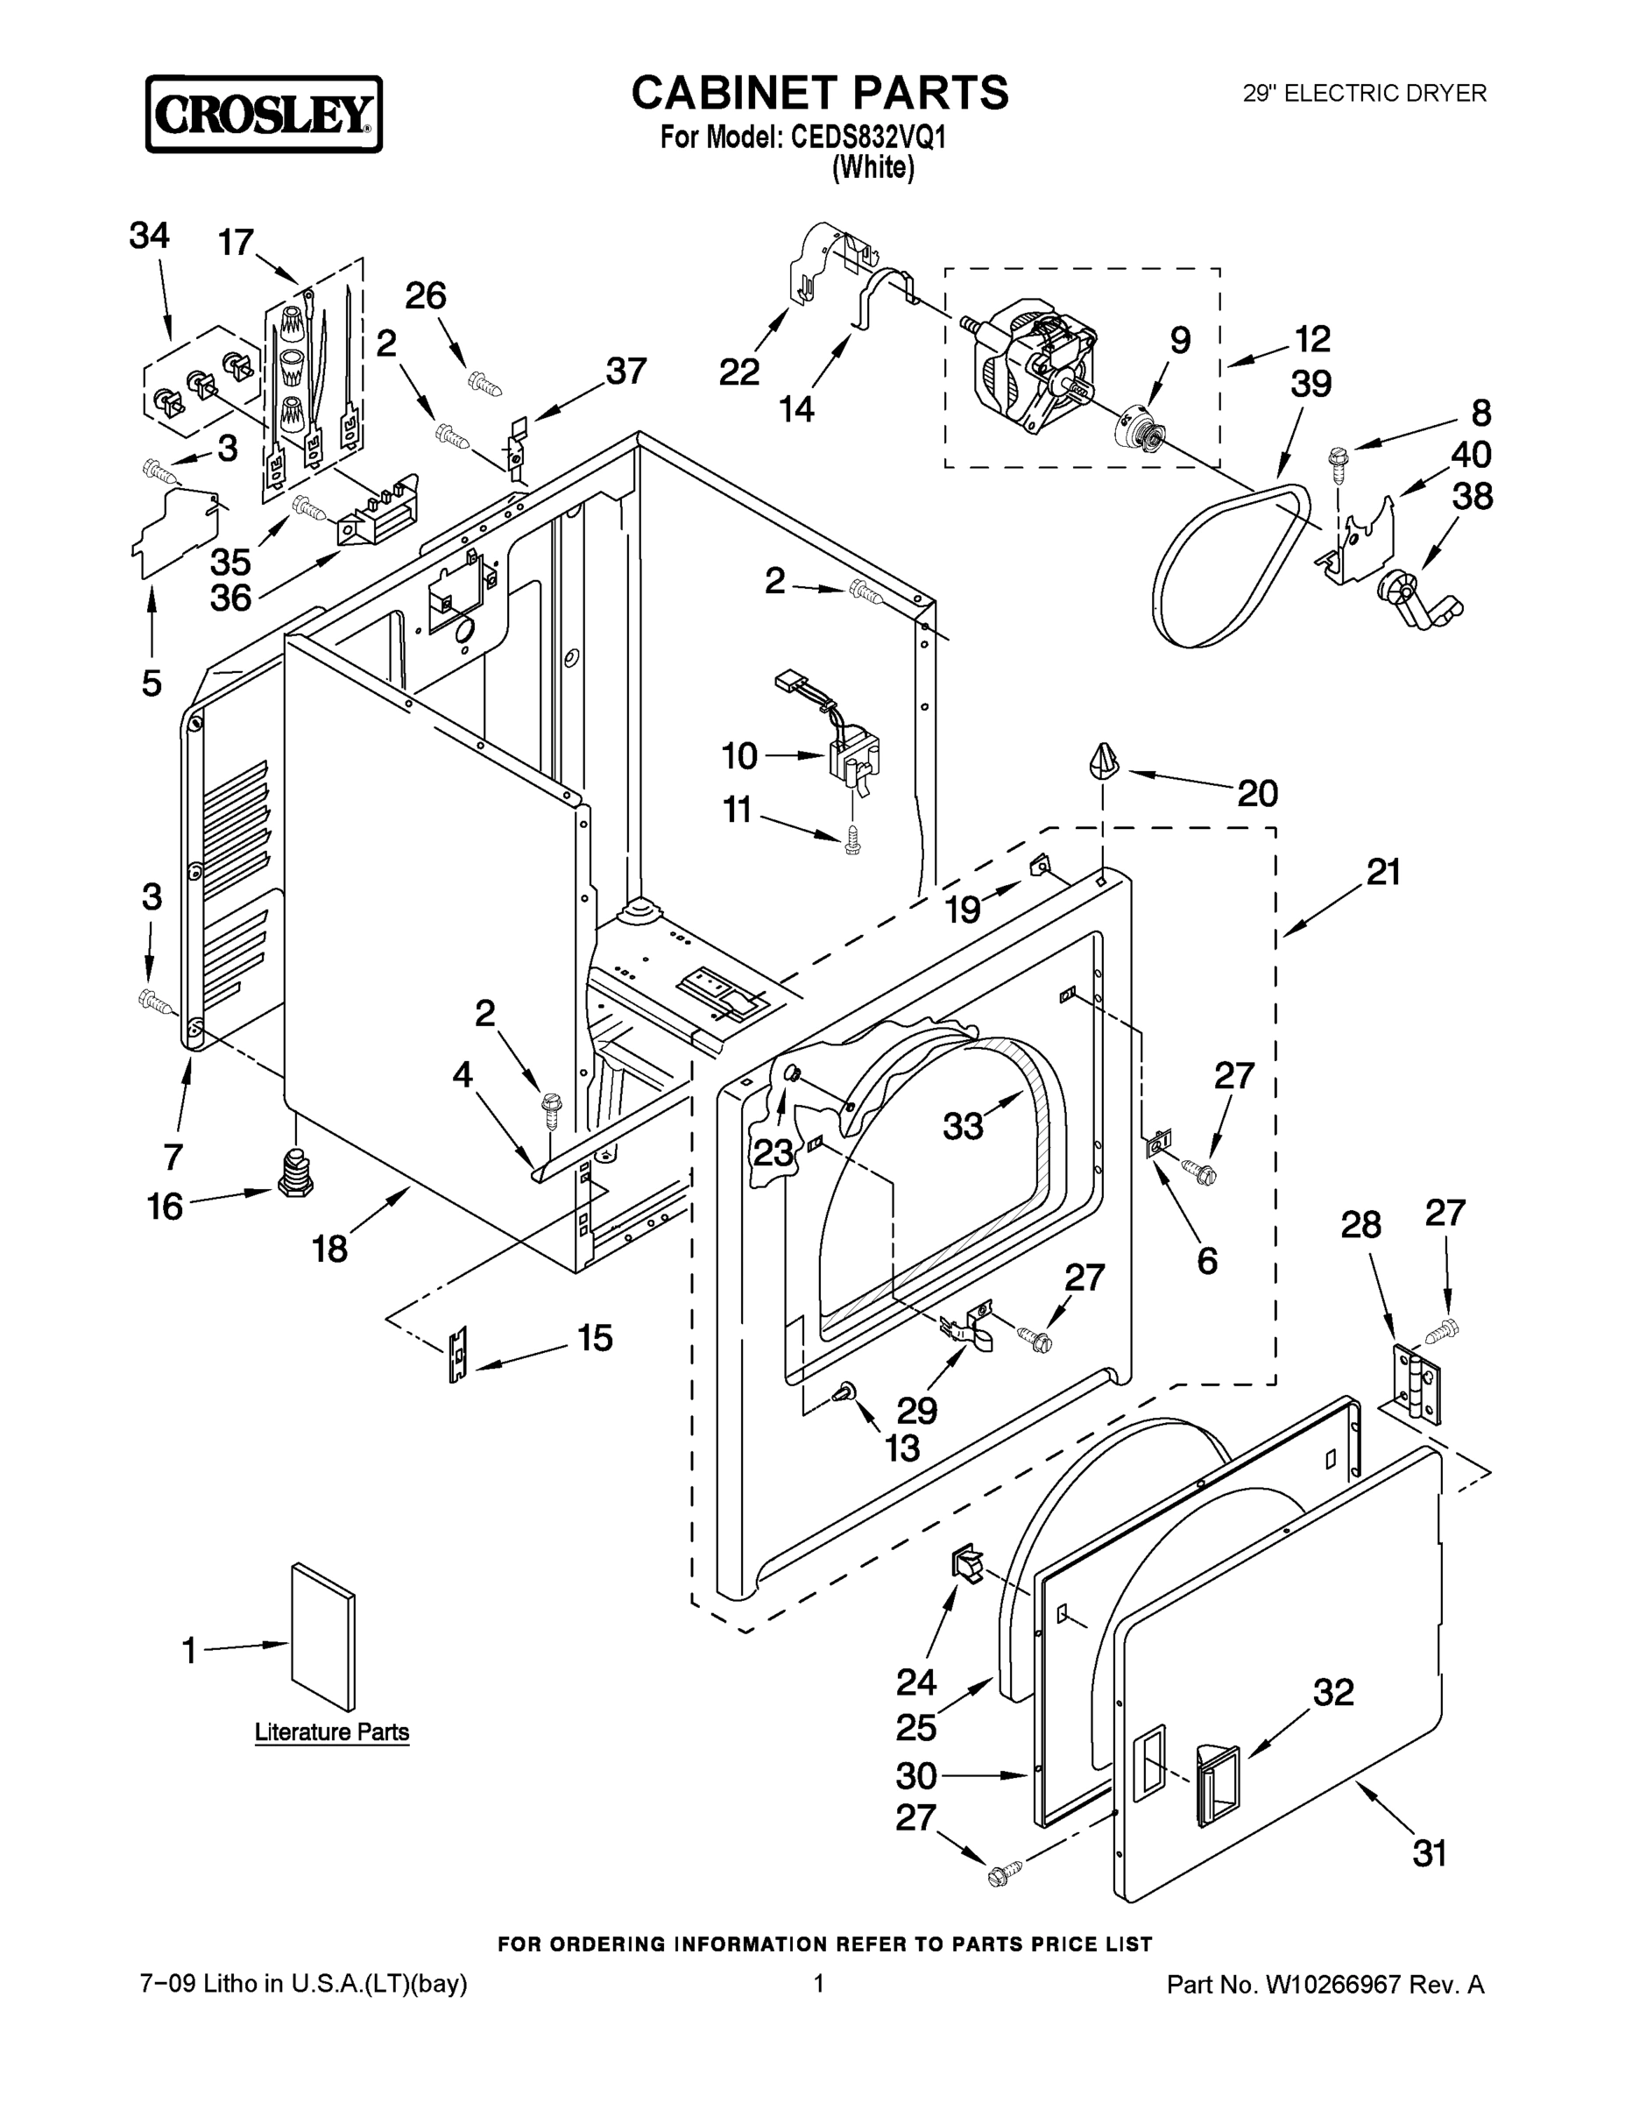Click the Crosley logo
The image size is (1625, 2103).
(x=264, y=115)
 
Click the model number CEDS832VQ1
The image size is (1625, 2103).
(x=868, y=138)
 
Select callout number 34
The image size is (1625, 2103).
(x=149, y=236)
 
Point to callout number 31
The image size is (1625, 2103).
(x=1430, y=1852)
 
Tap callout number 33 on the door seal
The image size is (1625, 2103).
(x=963, y=1125)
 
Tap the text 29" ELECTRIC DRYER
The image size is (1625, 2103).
(x=1364, y=94)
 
